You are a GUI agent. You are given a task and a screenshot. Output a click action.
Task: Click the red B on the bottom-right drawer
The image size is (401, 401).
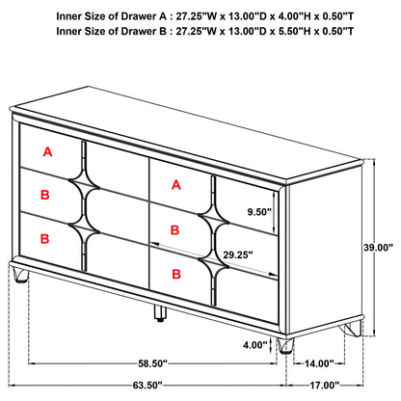tap(177, 275)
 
